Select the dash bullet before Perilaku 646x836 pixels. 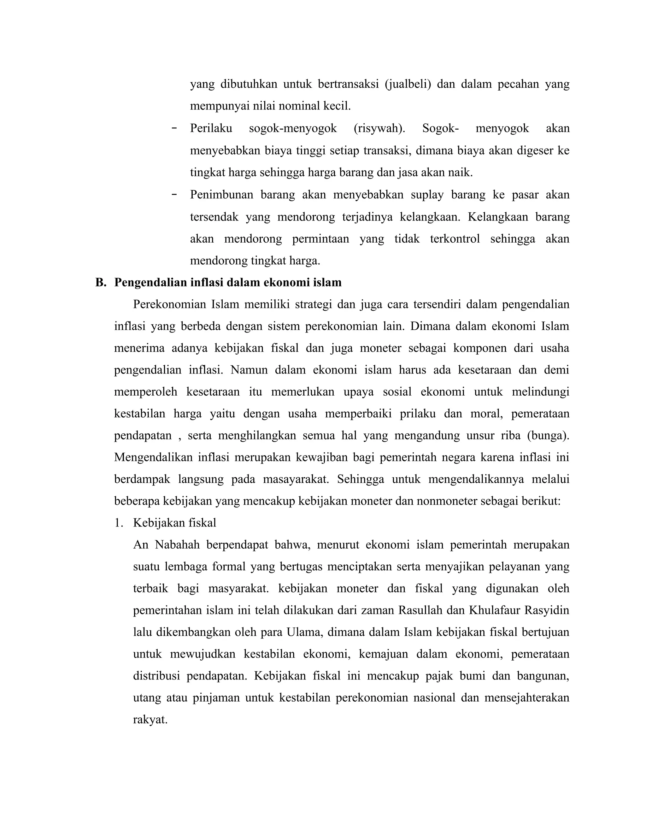[174, 128]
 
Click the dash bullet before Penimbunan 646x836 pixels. [174, 194]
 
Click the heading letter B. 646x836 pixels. [100, 282]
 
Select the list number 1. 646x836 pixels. [119, 523]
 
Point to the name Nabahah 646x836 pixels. [177, 545]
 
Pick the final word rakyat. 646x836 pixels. [150, 720]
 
